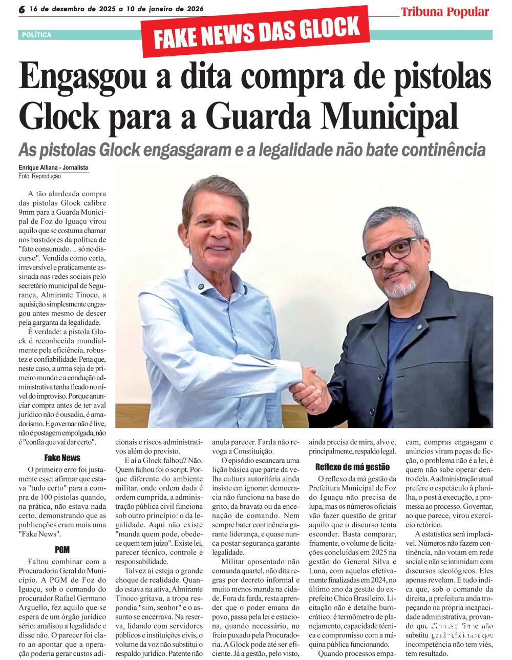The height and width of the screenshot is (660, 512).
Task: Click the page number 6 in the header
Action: [22, 10]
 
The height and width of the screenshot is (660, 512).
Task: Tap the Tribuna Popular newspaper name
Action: [444, 12]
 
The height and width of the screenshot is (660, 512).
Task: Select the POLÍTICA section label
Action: [36, 35]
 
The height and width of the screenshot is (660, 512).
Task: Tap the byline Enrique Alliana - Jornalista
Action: [53, 168]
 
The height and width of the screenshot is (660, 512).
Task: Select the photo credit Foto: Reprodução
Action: [39, 176]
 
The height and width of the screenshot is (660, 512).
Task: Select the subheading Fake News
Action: [62, 458]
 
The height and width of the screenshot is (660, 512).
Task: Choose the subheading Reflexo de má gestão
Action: [352, 467]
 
